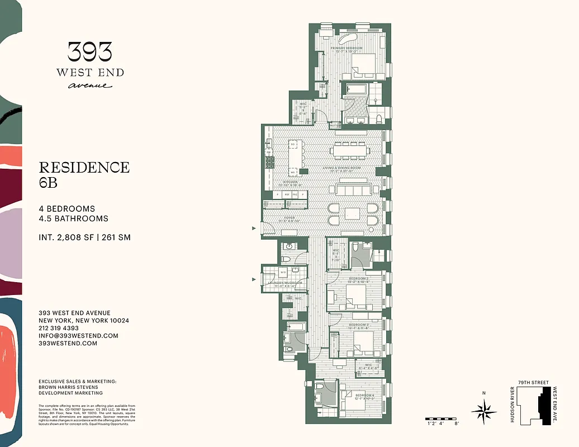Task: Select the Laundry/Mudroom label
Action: [286, 283]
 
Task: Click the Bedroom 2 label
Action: [359, 278]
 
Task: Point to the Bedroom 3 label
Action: [359, 325]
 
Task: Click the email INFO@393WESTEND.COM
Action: [78, 336]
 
